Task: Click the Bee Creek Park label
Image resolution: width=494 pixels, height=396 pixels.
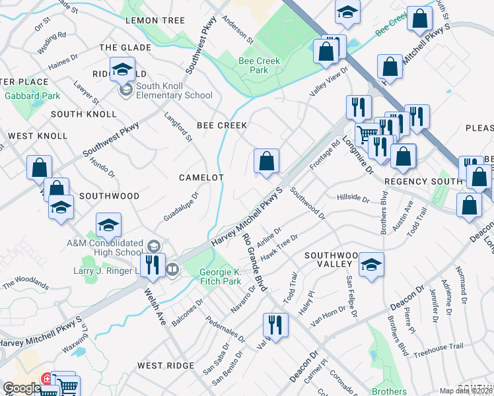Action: [x=259, y=65]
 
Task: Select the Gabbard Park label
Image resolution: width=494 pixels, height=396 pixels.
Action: [x=32, y=96]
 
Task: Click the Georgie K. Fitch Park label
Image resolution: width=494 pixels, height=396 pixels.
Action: [x=221, y=277]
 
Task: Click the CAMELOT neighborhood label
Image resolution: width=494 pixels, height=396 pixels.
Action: [x=201, y=178]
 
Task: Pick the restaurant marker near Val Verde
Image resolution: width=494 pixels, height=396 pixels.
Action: [x=275, y=325]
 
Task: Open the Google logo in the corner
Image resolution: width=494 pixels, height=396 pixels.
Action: [x=22, y=388]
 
